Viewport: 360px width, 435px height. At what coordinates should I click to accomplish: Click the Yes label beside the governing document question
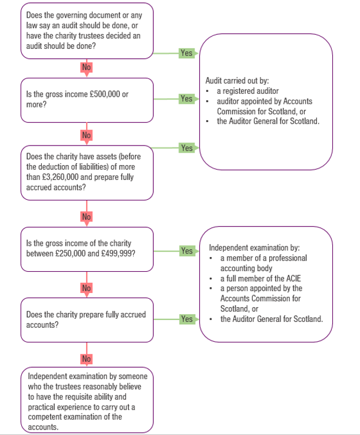pyautogui.click(x=186, y=53)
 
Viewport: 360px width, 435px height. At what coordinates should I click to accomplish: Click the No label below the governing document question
pyautogui.click(x=87, y=67)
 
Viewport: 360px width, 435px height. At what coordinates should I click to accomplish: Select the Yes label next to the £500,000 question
pyautogui.click(x=186, y=98)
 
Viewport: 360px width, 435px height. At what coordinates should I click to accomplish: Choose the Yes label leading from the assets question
pyautogui.click(x=186, y=148)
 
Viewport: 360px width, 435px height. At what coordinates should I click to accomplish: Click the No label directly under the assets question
pyautogui.click(x=87, y=216)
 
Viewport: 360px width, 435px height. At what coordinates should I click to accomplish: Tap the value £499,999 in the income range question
pyautogui.click(x=120, y=253)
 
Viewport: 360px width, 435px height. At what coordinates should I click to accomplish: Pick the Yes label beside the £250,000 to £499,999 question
pyautogui.click(x=186, y=251)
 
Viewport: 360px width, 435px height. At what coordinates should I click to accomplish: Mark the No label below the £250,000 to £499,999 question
pyautogui.click(x=87, y=288)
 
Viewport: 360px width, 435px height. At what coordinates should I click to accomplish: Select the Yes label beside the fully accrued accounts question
pyautogui.click(x=186, y=319)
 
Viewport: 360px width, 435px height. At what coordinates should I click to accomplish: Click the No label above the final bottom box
pyautogui.click(x=87, y=358)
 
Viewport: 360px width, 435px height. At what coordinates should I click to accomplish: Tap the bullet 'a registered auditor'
pyautogui.click(x=243, y=91)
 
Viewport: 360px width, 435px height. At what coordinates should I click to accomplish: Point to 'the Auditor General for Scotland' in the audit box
pyautogui.click(x=267, y=121)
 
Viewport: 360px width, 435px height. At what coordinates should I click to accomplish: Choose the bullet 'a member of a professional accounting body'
pyautogui.click(x=263, y=263)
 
